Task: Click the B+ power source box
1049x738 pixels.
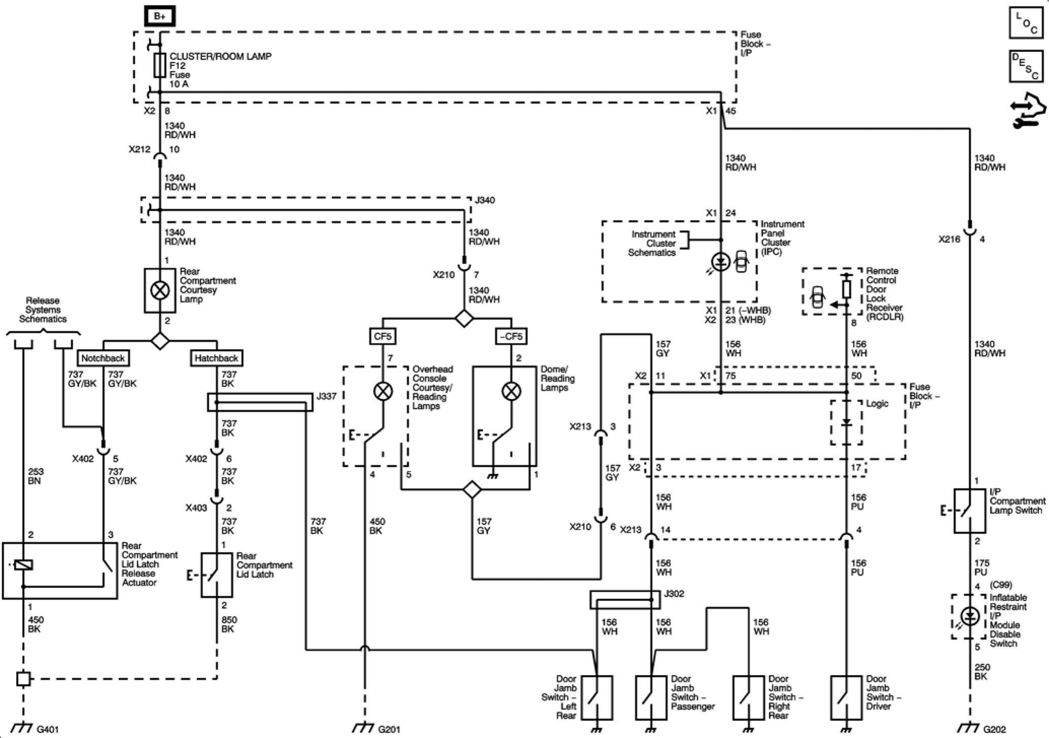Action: (x=160, y=16)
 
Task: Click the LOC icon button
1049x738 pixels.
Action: (x=1026, y=22)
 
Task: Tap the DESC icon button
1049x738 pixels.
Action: (x=1026, y=66)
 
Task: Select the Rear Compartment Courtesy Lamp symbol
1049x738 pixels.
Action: (x=160, y=290)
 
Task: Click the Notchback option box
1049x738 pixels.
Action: (x=103, y=358)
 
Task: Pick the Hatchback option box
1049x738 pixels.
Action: (x=216, y=358)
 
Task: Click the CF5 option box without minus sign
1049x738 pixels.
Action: (x=383, y=336)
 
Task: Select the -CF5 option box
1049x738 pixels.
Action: (x=511, y=336)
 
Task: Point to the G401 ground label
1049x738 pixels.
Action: (x=48, y=729)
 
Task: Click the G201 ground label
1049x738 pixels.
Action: (x=389, y=729)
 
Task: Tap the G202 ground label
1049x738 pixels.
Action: (x=995, y=729)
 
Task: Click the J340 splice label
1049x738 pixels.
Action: (x=485, y=200)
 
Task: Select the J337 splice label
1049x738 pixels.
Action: (x=326, y=396)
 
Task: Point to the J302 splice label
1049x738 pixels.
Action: (x=674, y=593)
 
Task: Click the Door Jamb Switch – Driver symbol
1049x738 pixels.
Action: (x=847, y=697)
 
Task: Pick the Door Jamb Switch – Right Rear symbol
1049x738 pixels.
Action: (x=749, y=697)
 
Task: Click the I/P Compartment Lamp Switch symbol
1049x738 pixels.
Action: (x=970, y=511)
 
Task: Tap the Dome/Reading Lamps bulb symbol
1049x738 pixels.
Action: (x=511, y=391)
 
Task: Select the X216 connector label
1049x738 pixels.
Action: (x=950, y=239)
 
